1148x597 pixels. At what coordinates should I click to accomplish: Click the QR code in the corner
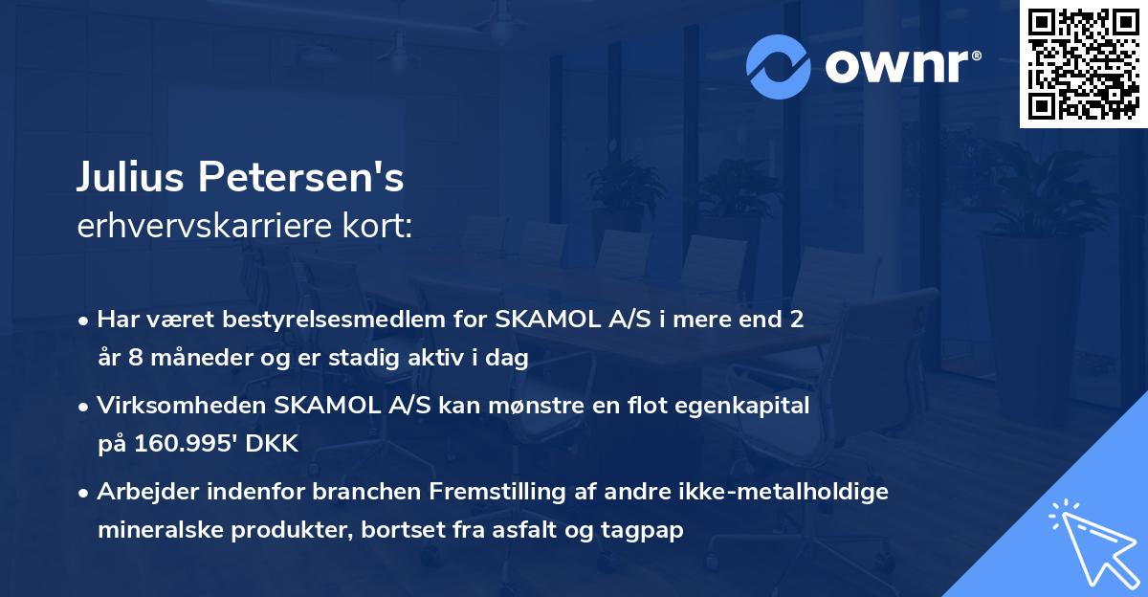(x=1083, y=64)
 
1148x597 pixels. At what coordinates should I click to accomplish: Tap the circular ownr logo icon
(x=778, y=67)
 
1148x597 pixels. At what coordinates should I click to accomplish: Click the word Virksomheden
(x=181, y=405)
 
